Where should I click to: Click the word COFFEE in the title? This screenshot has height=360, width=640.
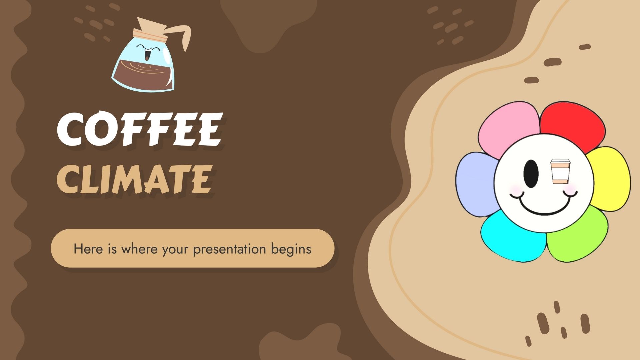139,129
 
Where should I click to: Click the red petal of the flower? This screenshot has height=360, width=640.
573,125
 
